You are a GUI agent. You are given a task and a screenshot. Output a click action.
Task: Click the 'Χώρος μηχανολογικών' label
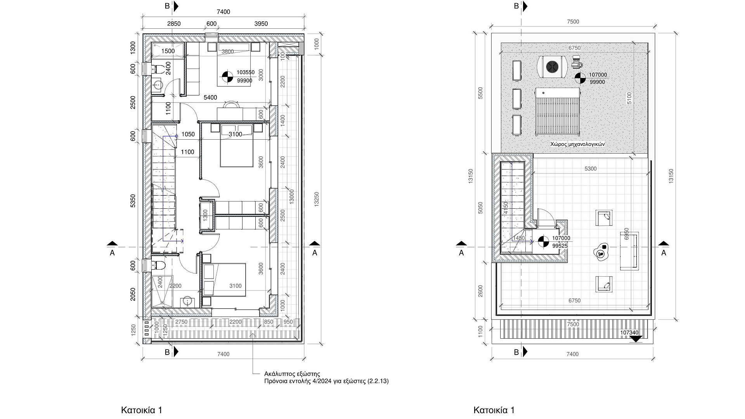(577, 144)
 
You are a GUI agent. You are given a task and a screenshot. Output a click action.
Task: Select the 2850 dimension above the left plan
(174, 24)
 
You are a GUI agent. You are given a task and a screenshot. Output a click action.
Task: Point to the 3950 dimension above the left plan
(261, 24)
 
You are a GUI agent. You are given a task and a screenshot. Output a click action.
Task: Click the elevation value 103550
(245, 73)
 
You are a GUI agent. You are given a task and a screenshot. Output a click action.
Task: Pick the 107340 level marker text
(629, 332)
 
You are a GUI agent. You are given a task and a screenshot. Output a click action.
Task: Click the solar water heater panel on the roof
(558, 112)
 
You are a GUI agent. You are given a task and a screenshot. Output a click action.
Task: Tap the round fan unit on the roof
(552, 67)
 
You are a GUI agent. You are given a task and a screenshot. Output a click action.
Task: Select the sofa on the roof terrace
(629, 251)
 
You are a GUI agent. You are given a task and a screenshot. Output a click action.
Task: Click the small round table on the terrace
(602, 252)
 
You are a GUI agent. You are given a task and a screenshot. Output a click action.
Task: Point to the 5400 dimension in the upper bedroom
(210, 97)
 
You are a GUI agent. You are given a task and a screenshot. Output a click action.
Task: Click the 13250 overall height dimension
(317, 199)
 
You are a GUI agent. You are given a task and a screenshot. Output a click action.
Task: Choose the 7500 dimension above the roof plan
(573, 22)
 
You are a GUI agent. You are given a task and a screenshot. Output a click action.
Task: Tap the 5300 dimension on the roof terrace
(590, 169)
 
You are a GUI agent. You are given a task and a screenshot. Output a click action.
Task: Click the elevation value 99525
(560, 246)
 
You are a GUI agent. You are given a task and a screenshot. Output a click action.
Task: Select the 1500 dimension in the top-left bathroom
(168, 51)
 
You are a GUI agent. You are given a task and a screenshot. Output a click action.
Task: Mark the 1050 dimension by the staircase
(188, 135)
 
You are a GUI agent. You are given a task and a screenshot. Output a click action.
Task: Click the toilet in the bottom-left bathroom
(159, 265)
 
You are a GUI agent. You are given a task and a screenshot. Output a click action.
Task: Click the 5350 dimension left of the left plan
(133, 201)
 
